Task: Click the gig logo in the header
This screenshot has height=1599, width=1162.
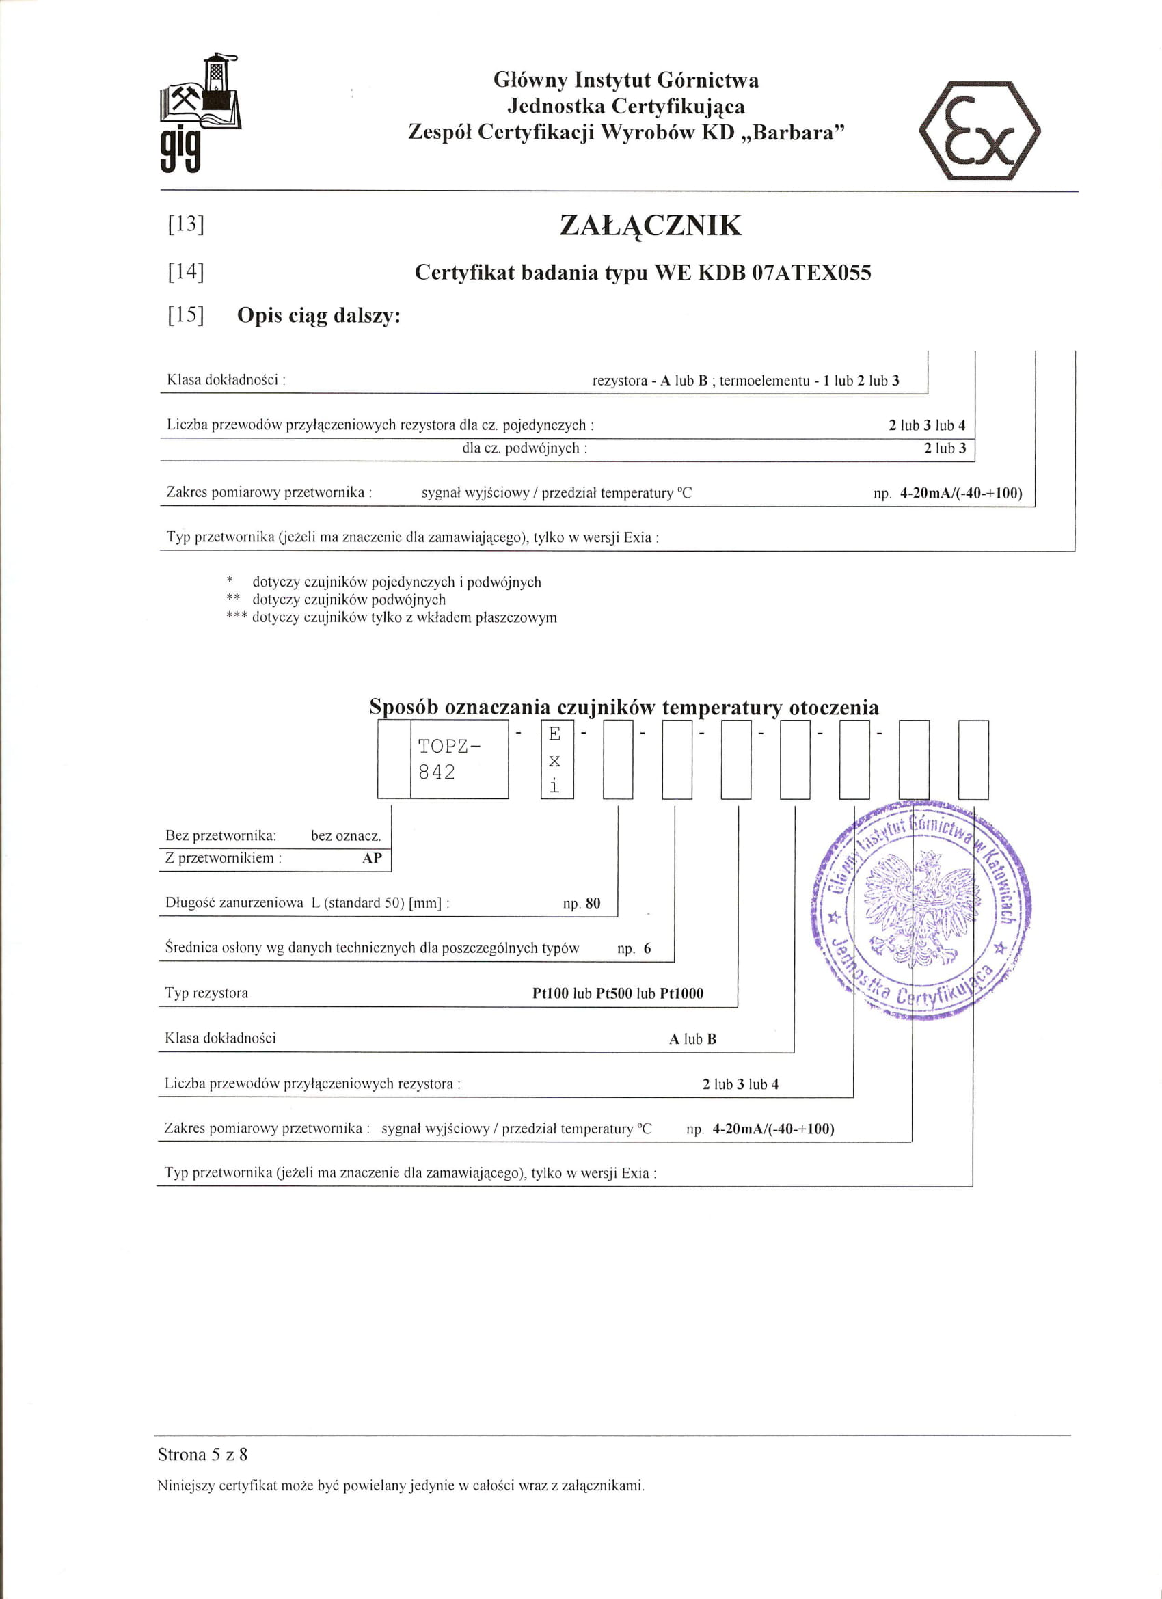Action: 200,113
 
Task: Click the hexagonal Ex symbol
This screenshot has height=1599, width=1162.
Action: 979,131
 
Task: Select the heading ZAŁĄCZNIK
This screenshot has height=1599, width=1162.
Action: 650,226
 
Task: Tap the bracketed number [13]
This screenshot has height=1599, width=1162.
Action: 185,224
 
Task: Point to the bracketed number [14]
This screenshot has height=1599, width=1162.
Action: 185,271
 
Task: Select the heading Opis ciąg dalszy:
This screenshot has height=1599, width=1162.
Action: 319,315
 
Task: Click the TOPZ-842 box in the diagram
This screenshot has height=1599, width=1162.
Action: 459,760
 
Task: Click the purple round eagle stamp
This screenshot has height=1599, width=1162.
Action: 921,910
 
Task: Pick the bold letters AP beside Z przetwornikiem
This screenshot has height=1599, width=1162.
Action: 372,858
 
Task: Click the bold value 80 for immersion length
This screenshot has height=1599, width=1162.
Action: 593,903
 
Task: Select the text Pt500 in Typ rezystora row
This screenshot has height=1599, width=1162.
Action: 613,993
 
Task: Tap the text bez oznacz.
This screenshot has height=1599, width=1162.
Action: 345,836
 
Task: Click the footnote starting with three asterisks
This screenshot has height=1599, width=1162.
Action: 392,617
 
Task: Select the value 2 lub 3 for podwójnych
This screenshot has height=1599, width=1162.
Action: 945,448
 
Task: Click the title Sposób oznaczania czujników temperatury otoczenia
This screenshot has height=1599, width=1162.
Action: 624,706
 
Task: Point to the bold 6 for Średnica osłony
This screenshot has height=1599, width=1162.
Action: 647,949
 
